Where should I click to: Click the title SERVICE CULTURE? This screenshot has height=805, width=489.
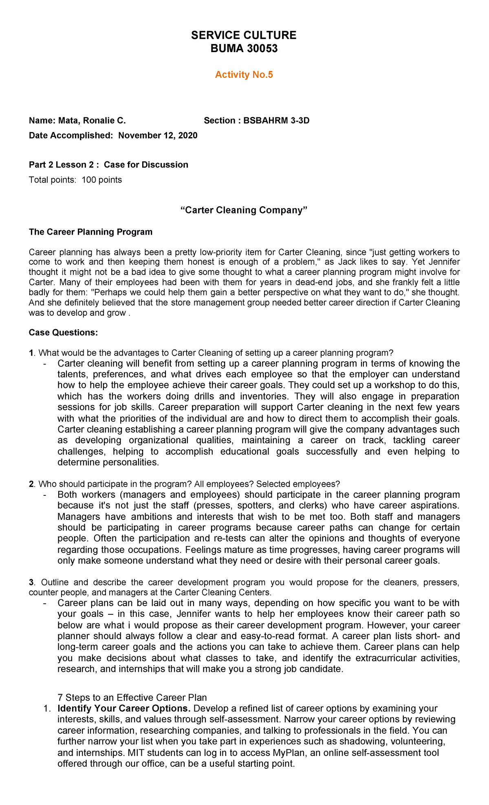coord(244,35)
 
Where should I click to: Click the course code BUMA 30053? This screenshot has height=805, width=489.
coord(244,49)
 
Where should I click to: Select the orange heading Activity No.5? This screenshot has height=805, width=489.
coord(244,75)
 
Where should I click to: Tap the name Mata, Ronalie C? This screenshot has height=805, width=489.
coord(92,121)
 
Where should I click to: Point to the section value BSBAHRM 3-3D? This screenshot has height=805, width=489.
coord(276,121)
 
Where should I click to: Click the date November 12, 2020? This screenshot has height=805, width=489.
coord(158,136)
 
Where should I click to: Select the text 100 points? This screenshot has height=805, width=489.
coord(101,180)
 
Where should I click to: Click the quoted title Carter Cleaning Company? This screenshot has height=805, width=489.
coord(243,210)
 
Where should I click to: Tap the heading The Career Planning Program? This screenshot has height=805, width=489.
coord(90,232)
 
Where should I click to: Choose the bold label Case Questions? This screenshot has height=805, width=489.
coord(63,333)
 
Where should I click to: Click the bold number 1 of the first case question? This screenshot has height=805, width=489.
coord(31,353)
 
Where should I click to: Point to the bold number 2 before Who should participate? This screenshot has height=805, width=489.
coord(31,484)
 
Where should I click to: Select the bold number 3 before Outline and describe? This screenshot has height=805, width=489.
coord(31,582)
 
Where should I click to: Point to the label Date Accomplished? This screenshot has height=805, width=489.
coord(70,136)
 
